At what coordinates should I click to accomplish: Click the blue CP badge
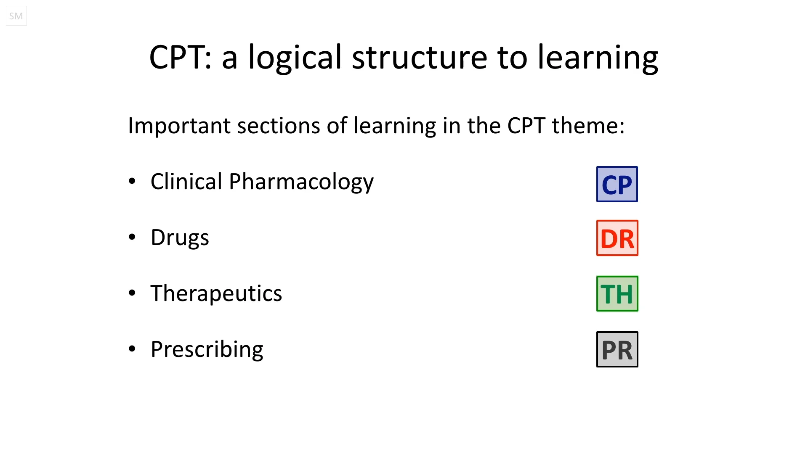pos(617,184)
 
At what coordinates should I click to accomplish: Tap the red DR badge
pos(617,238)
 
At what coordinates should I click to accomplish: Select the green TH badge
pos(617,293)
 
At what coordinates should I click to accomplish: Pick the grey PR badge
pos(617,349)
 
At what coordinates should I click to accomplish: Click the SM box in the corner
pos(16,16)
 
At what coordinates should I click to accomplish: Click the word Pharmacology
pos(301,182)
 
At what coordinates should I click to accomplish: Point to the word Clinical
pos(186,181)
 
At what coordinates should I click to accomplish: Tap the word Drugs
pos(180,238)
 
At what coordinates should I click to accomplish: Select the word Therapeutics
pos(216,293)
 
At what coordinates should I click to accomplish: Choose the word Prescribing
pos(207,349)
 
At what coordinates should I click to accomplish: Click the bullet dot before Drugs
pos(132,237)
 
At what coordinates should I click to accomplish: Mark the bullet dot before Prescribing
pos(132,348)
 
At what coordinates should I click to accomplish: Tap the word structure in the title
pos(419,57)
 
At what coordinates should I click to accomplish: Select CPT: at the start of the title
pos(180,57)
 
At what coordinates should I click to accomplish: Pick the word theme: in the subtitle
pos(588,126)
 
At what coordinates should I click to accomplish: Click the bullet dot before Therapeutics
pos(132,293)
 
